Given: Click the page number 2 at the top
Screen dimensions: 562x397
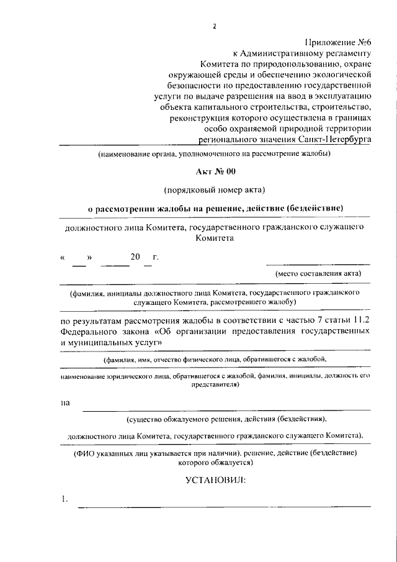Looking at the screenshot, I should (x=215, y=26).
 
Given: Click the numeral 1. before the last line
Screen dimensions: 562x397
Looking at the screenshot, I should (x=64, y=499).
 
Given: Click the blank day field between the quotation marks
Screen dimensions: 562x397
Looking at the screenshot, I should (x=79, y=256).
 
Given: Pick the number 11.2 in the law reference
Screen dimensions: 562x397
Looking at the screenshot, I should (x=358, y=320).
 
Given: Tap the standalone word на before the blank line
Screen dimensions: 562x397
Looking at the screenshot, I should (x=65, y=403).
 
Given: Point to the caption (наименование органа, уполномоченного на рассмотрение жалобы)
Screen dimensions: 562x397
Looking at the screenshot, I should (x=214, y=153).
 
